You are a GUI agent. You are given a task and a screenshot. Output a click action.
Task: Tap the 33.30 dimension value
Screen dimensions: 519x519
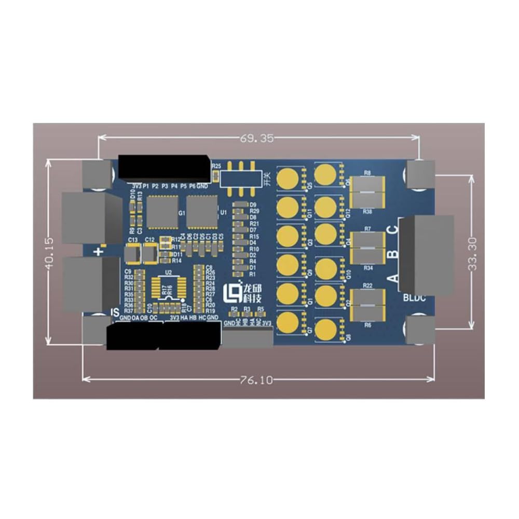pos(471,252)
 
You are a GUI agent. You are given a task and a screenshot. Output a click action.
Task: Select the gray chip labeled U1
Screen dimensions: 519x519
pos(202,211)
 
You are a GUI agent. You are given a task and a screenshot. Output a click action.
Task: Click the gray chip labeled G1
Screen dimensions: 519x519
pos(162,212)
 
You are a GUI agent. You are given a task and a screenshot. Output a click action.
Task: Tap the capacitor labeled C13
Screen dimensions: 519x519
pos(133,254)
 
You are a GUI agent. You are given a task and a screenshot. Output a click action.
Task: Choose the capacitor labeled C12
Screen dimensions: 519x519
pos(151,254)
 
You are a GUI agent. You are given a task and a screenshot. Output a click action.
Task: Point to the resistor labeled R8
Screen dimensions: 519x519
pos(367,184)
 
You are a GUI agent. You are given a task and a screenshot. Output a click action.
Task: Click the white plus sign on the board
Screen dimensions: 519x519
pos(99,252)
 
